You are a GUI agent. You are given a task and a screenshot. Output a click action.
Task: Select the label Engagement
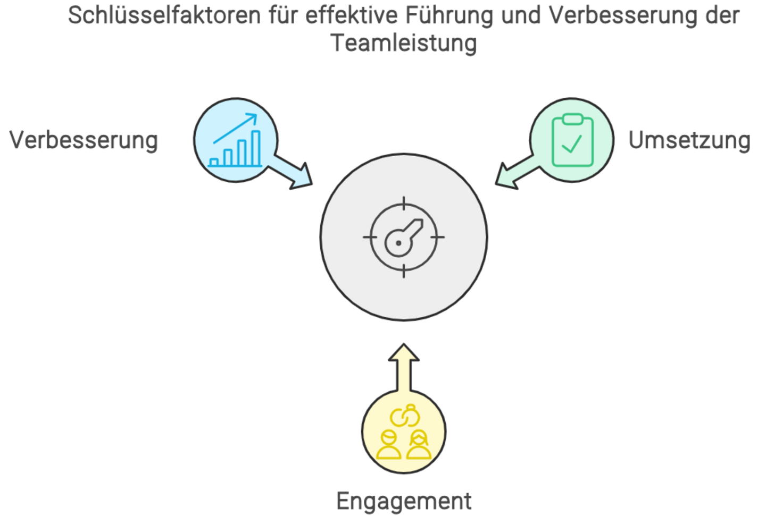pos(404,501)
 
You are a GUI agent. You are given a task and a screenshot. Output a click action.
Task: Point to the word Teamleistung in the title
pos(404,43)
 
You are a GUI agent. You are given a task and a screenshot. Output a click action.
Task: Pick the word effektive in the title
pos(351,16)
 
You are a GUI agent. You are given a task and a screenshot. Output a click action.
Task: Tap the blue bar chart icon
pos(236,141)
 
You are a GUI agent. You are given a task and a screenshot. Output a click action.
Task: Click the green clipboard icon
pos(572,140)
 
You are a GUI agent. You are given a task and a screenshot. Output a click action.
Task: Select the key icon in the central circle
pos(403,237)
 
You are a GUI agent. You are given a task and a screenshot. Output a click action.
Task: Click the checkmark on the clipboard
pos(571,143)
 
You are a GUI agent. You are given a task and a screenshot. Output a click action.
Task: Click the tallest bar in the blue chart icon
pos(256,148)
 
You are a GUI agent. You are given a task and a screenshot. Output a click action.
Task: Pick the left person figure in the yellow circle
pos(389,445)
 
